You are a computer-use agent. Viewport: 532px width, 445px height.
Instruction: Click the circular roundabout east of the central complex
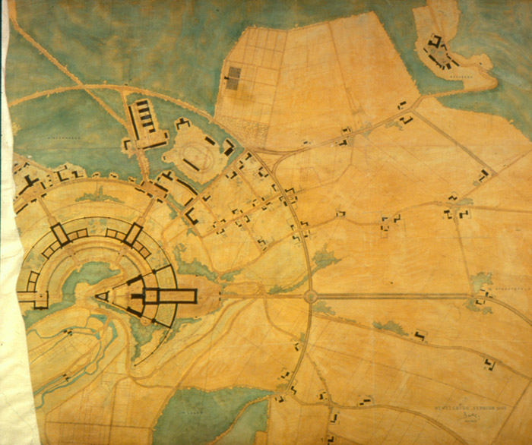(310, 295)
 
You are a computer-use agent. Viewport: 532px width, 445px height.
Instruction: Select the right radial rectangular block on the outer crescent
(133, 234)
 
